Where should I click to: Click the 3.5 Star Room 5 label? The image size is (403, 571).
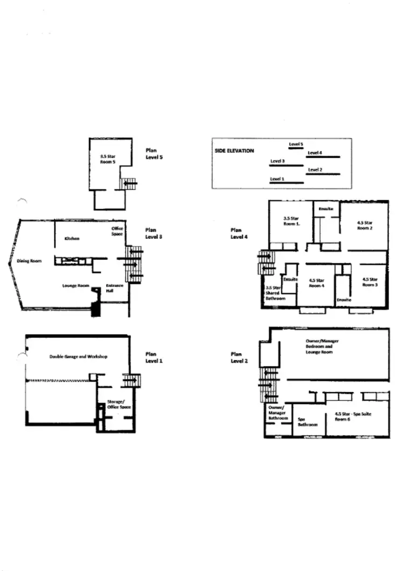coord(108,158)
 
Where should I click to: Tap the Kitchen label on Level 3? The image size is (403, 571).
coord(72,238)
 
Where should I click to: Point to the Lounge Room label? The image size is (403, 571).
coord(76,286)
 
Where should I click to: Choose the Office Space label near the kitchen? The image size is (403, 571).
coord(117,231)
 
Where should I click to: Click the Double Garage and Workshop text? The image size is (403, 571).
coord(78,357)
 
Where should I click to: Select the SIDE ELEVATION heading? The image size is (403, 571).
coord(234,151)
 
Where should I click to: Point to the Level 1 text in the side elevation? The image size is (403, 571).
coord(277,178)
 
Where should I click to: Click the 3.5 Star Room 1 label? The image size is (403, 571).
coord(291,220)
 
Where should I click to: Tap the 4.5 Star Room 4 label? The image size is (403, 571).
coord(316,283)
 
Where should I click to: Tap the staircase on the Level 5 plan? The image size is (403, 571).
coord(129,184)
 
